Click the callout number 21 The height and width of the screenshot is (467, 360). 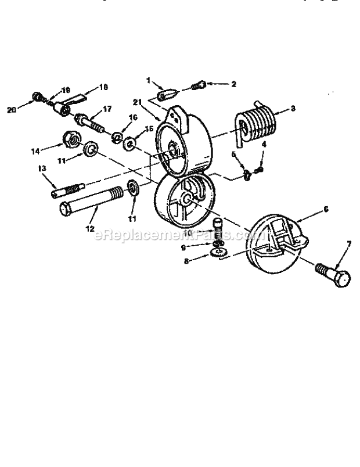(x=137, y=102)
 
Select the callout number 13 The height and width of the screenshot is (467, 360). (x=41, y=168)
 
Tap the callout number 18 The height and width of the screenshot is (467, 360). (x=103, y=87)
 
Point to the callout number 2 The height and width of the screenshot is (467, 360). (x=233, y=84)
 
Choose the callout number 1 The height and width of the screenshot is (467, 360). (x=148, y=79)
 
